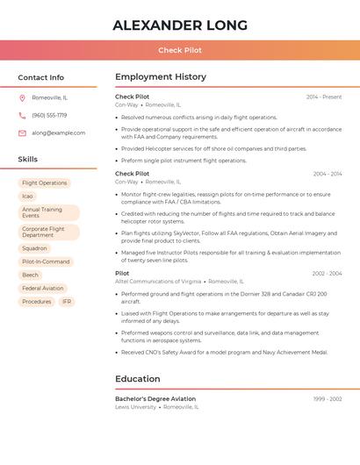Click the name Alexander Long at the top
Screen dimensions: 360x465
pos(180,25)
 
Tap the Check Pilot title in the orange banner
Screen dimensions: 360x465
pos(180,50)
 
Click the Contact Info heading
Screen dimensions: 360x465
pos(40,77)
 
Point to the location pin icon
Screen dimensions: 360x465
pos(22,97)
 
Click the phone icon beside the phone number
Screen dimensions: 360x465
pos(22,115)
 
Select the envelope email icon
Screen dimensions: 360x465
pos(22,132)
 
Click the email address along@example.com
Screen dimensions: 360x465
pos(59,132)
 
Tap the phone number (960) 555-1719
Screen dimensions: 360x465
pos(49,115)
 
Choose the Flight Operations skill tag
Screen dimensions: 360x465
pos(44,183)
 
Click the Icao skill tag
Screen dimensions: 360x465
pos(28,197)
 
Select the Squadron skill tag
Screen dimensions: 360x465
pos(34,248)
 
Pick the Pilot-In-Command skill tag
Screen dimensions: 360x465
pos(46,261)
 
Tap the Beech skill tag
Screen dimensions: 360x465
pos(31,275)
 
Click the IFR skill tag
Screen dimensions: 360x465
pos(67,301)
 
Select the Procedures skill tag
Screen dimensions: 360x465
pos(37,301)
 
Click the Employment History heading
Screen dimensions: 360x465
pos(161,77)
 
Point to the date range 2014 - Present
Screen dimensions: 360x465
pos(324,97)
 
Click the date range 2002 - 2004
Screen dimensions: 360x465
pos(327,274)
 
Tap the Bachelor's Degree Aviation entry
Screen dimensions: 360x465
pos(156,398)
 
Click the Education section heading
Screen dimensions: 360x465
pos(138,379)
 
